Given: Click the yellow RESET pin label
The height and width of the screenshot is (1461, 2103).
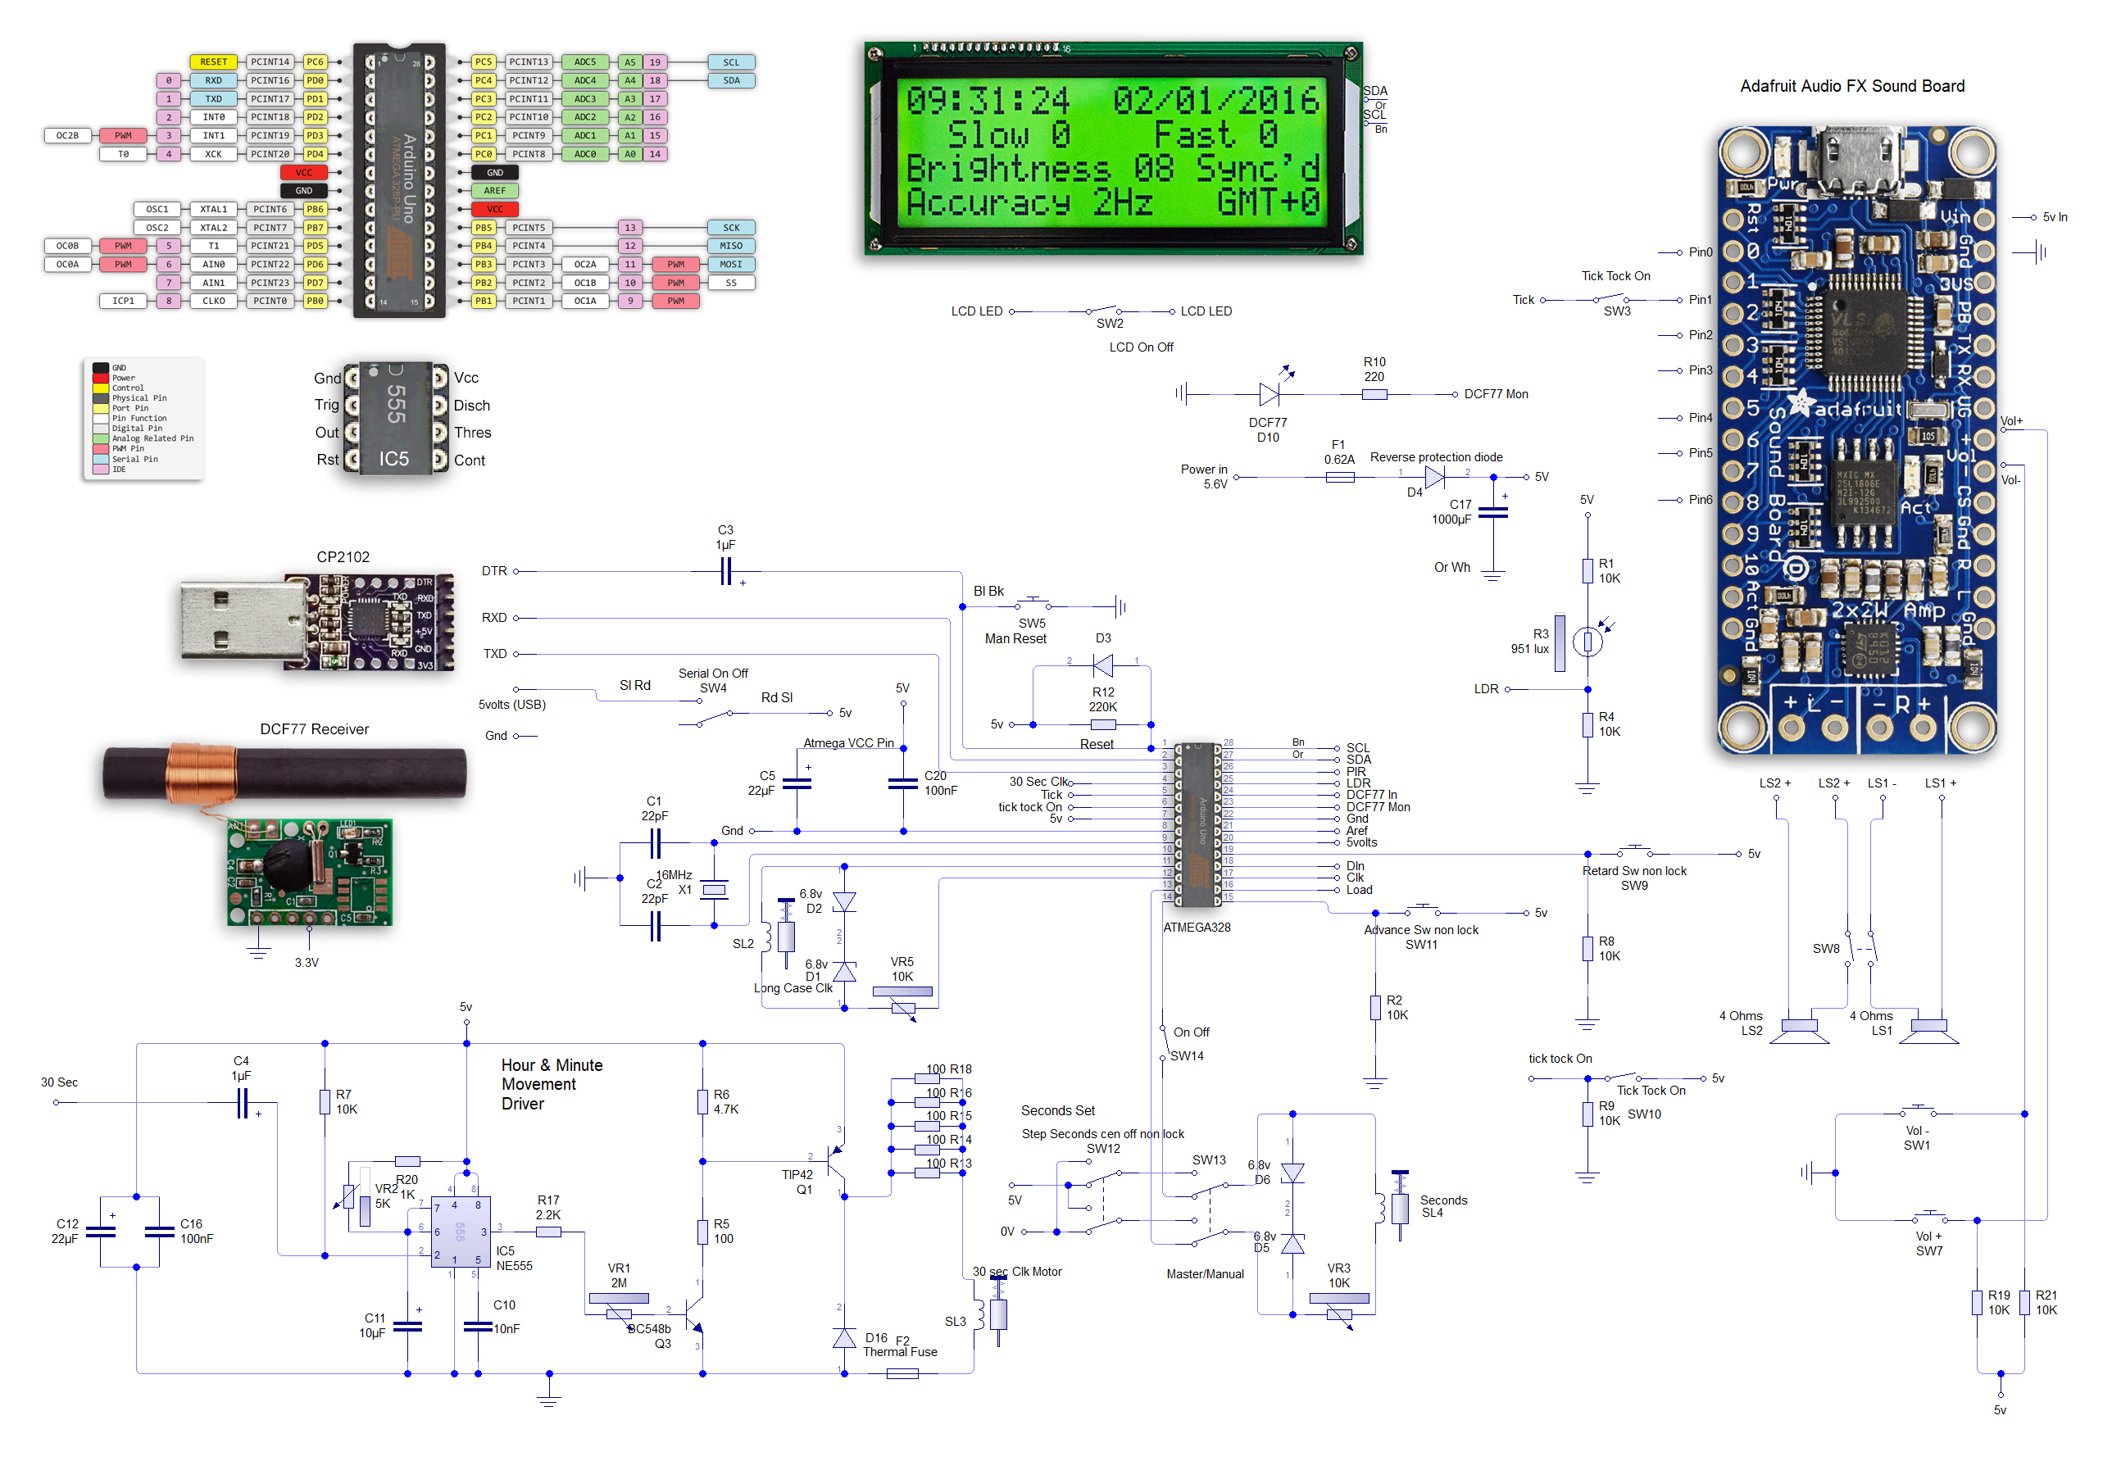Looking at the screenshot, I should coord(213,62).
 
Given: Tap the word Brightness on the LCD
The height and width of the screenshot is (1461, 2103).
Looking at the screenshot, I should coord(1007,169).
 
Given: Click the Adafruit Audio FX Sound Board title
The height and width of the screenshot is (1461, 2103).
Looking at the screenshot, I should coord(1851,86).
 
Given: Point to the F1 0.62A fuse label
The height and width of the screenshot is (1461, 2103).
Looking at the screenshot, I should coord(1338,452).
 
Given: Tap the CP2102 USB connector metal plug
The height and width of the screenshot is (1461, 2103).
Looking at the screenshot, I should coord(240,622).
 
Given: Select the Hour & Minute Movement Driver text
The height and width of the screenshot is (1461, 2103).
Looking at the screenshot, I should coord(551,1084).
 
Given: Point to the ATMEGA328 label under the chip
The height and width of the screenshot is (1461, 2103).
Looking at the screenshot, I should coord(1196,928).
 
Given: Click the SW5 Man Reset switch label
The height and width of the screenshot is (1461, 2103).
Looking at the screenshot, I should coord(1015,631).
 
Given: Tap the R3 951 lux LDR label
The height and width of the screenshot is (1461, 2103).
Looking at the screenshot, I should coord(1529,641).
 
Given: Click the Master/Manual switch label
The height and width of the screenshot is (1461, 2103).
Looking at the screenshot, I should coord(1204,1273).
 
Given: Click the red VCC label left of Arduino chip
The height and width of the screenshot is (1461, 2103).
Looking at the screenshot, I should coord(303,172).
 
